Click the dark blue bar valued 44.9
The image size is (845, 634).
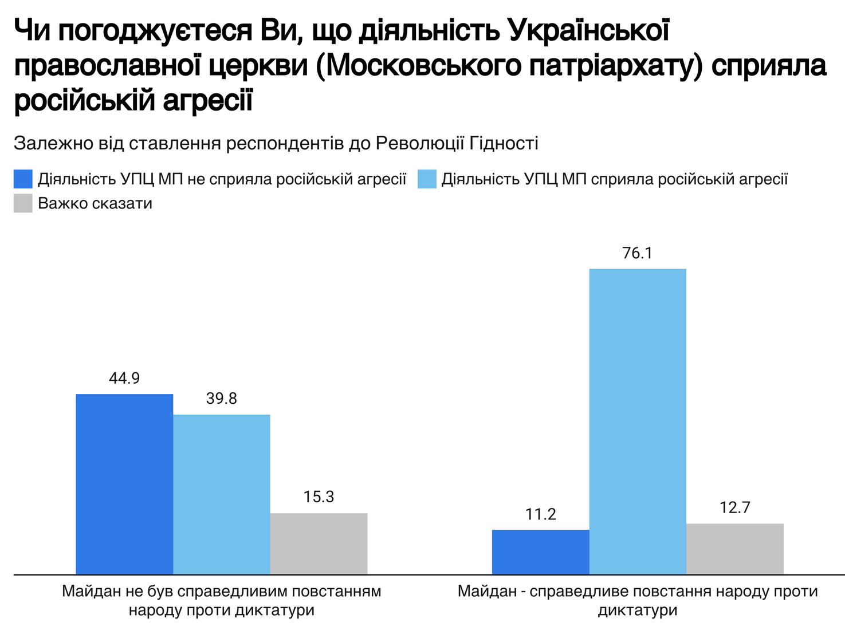124,484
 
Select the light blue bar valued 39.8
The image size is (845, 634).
222,494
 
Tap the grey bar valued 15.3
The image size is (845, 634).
319,544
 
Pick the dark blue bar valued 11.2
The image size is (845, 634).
540,552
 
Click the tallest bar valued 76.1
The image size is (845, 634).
638,421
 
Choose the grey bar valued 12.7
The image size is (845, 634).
734,549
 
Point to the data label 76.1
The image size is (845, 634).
638,253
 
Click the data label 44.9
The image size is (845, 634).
124,379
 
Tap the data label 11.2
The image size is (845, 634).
540,514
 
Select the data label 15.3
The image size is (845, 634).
319,497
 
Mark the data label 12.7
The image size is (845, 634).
734,508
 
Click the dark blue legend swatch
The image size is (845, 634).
23,179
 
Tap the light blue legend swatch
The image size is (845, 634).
427,179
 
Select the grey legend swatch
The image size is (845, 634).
23,203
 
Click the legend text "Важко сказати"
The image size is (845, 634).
95,203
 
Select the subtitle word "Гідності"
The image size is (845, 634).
504,143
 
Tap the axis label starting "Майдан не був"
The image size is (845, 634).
222,600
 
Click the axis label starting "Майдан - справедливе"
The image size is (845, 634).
638,600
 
